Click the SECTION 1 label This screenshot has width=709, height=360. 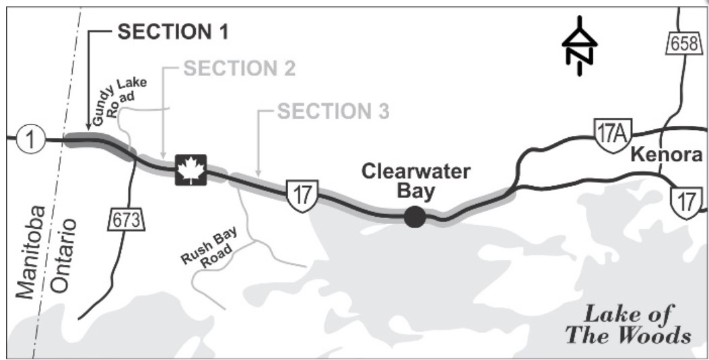coord(173,32)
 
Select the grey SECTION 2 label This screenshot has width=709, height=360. coord(239,69)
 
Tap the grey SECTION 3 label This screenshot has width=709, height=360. coord(333,112)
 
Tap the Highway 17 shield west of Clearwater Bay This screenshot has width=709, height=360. coord(300,195)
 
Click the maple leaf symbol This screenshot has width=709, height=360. coord(191,170)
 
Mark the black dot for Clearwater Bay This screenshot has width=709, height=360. coord(415,217)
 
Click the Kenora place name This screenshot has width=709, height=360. coord(667,156)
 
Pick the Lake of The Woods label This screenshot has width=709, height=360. coord(628,324)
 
